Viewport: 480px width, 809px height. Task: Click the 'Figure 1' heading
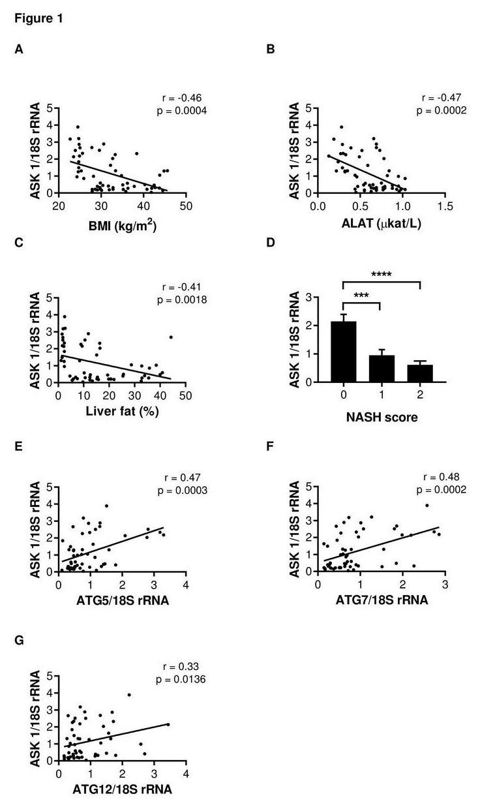(x=39, y=19)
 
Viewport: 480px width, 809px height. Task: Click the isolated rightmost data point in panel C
(x=171, y=337)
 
